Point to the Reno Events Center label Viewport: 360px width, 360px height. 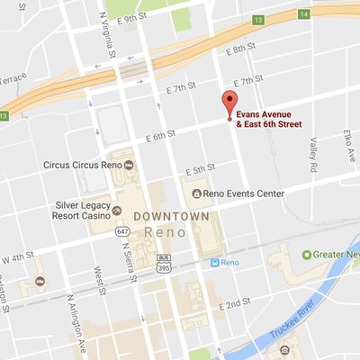[244, 193]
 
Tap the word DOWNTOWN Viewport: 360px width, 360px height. [171, 217]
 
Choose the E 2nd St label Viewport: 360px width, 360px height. [237, 304]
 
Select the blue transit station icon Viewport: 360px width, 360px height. [215, 263]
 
